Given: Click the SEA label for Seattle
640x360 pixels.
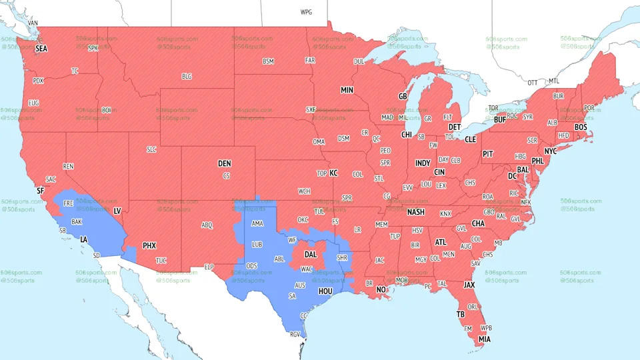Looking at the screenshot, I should pos(41,49).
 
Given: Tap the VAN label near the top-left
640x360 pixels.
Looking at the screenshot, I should pos(33,23).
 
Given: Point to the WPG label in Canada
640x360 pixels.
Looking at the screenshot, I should pos(306,12).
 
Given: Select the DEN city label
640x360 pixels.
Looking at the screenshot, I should pos(225,163).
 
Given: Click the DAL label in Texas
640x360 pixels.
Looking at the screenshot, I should pos(311,254).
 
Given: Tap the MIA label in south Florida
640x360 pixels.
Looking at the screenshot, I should pos(485,339).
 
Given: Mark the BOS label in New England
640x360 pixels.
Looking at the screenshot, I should pos(581,127).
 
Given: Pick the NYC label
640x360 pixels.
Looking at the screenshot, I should pos(550,151).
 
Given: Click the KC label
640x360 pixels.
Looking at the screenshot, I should pos(333,173).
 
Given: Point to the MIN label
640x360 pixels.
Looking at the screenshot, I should pos(347,90).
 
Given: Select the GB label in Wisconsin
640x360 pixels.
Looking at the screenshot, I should pos(403,97).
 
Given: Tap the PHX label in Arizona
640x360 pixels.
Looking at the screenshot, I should pos(149,245).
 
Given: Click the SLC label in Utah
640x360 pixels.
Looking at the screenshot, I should pos(151,149).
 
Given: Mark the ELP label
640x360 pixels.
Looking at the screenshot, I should pos(209,267).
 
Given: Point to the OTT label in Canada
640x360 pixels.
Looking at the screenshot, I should pos(532,83).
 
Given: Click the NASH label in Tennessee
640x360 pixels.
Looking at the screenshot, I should pos(416,212).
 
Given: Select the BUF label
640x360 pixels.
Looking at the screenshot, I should pos(499,120).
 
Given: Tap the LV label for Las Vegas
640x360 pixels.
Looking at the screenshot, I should pos(117,211).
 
